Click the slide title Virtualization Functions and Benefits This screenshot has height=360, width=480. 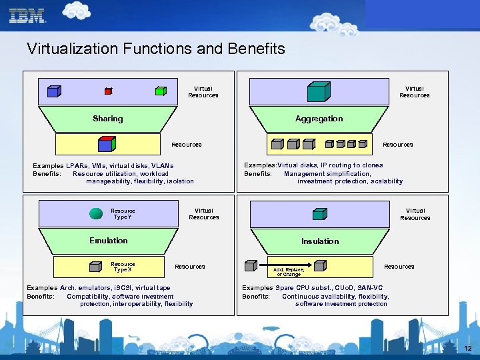click(x=155, y=49)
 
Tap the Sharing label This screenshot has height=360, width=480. click(x=107, y=119)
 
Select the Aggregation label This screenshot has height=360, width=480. click(x=319, y=119)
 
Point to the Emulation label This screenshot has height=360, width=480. click(x=108, y=241)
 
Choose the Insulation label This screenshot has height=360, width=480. click(x=319, y=241)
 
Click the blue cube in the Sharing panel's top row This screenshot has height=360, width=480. click(x=53, y=91)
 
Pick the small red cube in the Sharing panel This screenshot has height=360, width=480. click(x=108, y=92)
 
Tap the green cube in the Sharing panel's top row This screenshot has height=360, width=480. click(x=160, y=91)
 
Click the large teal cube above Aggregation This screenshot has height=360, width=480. click(x=318, y=91)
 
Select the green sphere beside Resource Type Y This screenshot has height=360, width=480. click(x=96, y=214)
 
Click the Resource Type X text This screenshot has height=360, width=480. click(x=122, y=267)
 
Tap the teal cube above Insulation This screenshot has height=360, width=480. click(x=319, y=213)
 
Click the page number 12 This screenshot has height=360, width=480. click(x=467, y=349)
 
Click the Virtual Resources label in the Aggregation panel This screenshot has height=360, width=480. click(x=414, y=91)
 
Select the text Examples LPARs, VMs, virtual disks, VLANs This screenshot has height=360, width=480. click(x=103, y=165)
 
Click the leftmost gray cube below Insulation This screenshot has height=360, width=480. click(x=250, y=266)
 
